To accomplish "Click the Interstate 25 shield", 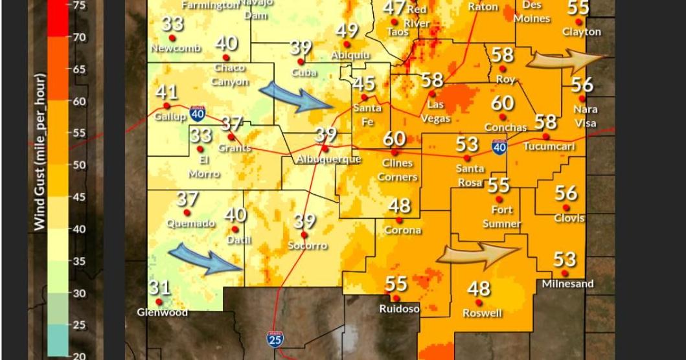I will click(x=274, y=338).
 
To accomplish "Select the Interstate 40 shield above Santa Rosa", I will click(x=499, y=148).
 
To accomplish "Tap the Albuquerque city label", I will click(x=328, y=159).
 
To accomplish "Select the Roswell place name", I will click(x=482, y=313).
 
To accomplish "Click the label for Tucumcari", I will click(x=549, y=147).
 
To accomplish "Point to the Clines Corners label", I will click(x=398, y=170).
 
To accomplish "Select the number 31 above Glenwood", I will click(x=159, y=287).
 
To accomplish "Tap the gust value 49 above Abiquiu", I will click(x=347, y=30).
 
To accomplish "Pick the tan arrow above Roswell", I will click(x=479, y=254).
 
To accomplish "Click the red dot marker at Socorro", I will click(x=304, y=234).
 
